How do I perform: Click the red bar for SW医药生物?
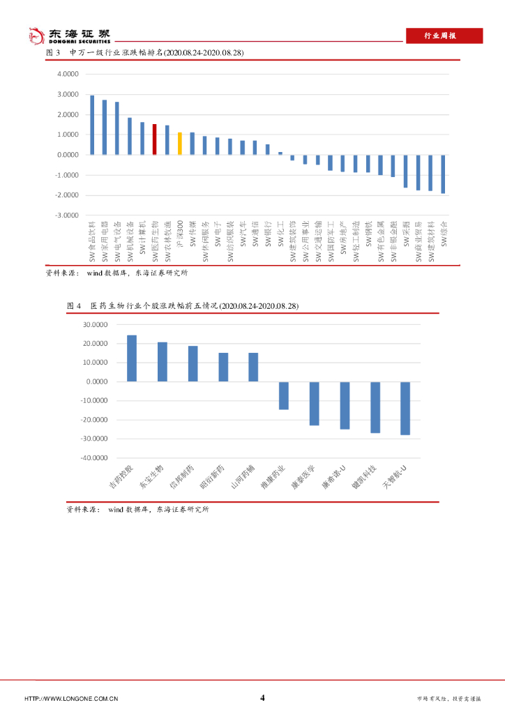154,139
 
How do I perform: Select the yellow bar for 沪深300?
179,144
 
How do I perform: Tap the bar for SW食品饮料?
92,125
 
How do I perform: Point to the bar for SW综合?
443,174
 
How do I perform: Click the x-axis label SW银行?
268,238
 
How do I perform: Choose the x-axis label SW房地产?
343,241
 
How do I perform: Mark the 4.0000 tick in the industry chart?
69,74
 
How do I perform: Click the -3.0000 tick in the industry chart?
68,215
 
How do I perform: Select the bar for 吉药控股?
132,358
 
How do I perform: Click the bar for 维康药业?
284,395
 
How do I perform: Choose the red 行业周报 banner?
444,36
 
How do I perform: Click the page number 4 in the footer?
262,698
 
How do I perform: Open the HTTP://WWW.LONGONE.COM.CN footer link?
71,699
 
